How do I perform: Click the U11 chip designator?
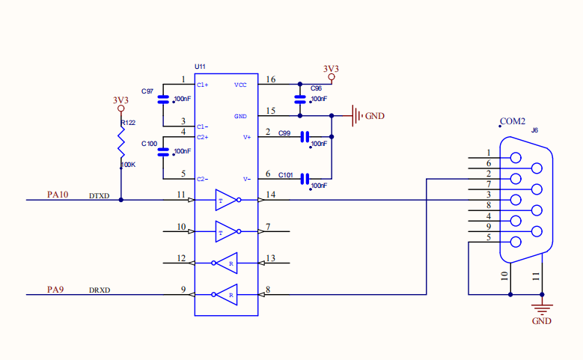pos(200,67)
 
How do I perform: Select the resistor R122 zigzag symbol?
pos(121,142)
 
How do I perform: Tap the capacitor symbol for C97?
pos(163,100)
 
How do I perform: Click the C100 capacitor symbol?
pos(163,152)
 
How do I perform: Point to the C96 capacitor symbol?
pos(300,100)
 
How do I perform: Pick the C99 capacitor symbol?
pos(305,137)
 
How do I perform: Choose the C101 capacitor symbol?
pos(305,179)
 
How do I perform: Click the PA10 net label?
pos(58,195)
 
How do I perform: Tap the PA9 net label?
pos(55,290)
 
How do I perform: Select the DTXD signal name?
pos(100,196)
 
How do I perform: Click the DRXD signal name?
pos(100,290)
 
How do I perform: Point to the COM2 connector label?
pos(513,121)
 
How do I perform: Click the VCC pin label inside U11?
pos(240,85)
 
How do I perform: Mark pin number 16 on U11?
pos(271,79)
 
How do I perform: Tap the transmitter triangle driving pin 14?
pos(226,200)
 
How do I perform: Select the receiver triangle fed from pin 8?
pos(226,295)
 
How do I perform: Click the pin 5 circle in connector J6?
pos(516,242)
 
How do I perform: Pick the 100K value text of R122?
pos(129,165)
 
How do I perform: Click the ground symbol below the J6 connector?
pos(542,309)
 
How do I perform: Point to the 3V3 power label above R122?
pos(120,100)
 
